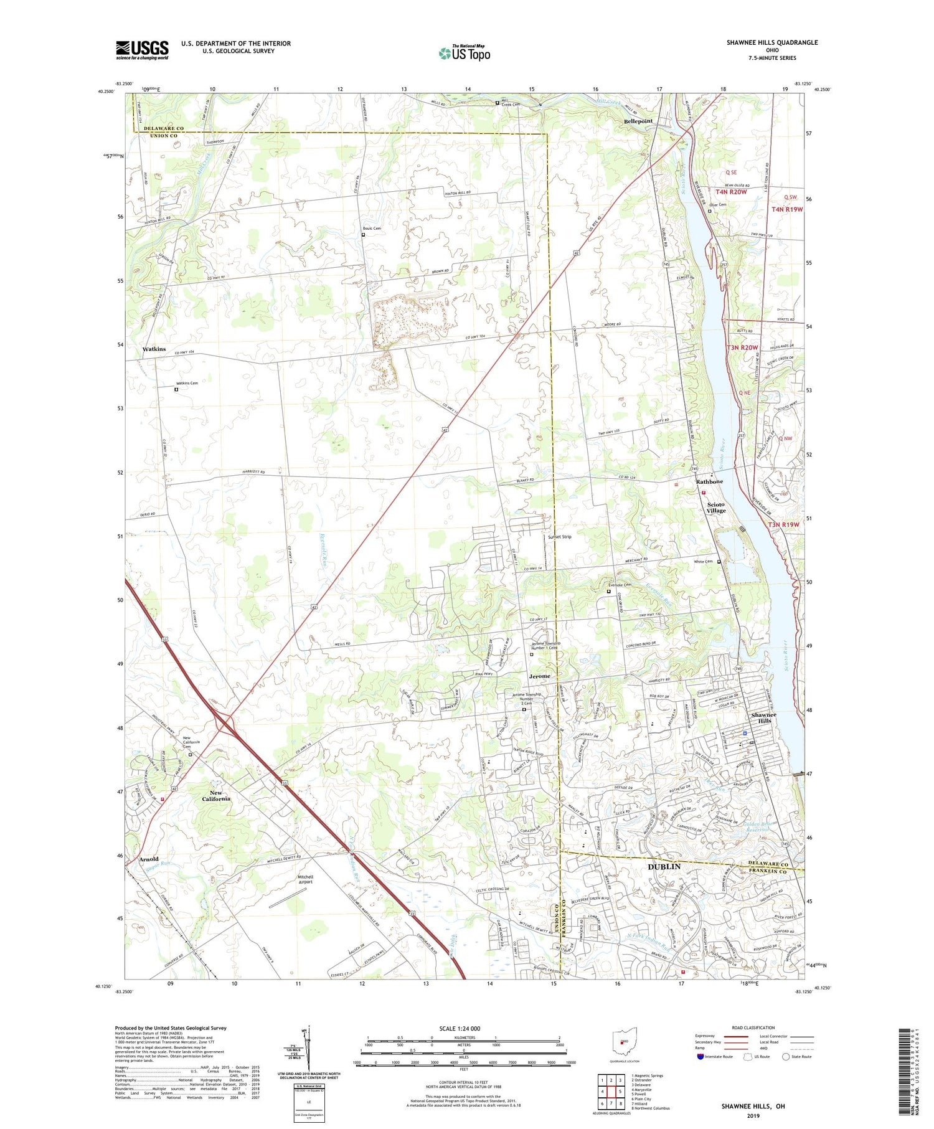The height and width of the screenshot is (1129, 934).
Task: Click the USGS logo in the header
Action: [142, 49]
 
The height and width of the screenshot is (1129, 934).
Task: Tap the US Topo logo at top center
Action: [464, 52]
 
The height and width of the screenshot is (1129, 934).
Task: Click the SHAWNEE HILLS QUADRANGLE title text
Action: [771, 42]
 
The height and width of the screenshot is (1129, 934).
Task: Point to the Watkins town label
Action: [154, 349]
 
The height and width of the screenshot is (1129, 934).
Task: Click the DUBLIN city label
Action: [664, 866]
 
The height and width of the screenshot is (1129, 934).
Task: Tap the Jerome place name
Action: [539, 676]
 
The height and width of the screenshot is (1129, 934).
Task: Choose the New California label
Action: [216, 795]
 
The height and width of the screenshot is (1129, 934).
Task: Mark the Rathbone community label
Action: [709, 481]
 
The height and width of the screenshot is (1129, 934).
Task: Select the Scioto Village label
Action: [715, 508]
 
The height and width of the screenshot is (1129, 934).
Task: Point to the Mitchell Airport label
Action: [305, 879]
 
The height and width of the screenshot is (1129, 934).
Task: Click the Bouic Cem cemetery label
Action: [372, 229]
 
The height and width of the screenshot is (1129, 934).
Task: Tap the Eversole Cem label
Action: [620, 585]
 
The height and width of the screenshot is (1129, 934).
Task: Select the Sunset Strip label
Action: [559, 536]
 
